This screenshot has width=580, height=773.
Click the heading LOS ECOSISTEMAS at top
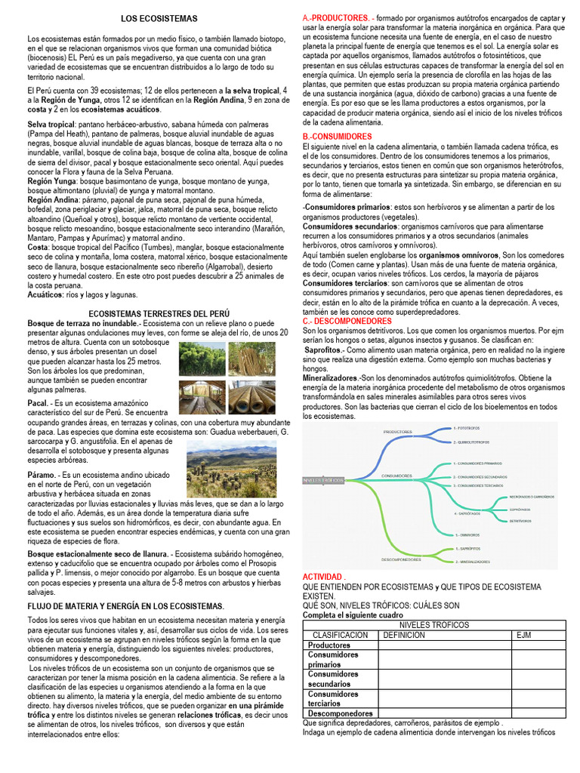[x=159, y=17]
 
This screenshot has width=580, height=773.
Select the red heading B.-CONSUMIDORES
[x=337, y=137]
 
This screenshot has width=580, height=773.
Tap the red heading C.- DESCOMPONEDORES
[x=347, y=321]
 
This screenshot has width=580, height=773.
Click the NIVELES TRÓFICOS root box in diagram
[x=322, y=479]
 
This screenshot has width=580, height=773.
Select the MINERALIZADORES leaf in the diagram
[x=472, y=562]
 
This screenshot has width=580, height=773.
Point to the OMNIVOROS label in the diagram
[x=467, y=534]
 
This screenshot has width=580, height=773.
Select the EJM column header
[x=524, y=635]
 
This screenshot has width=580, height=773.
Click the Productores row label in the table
[x=329, y=645]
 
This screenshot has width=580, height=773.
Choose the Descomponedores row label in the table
[x=341, y=713]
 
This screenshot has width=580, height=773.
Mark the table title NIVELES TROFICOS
[x=434, y=625]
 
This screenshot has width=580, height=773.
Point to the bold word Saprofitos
[x=323, y=350]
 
